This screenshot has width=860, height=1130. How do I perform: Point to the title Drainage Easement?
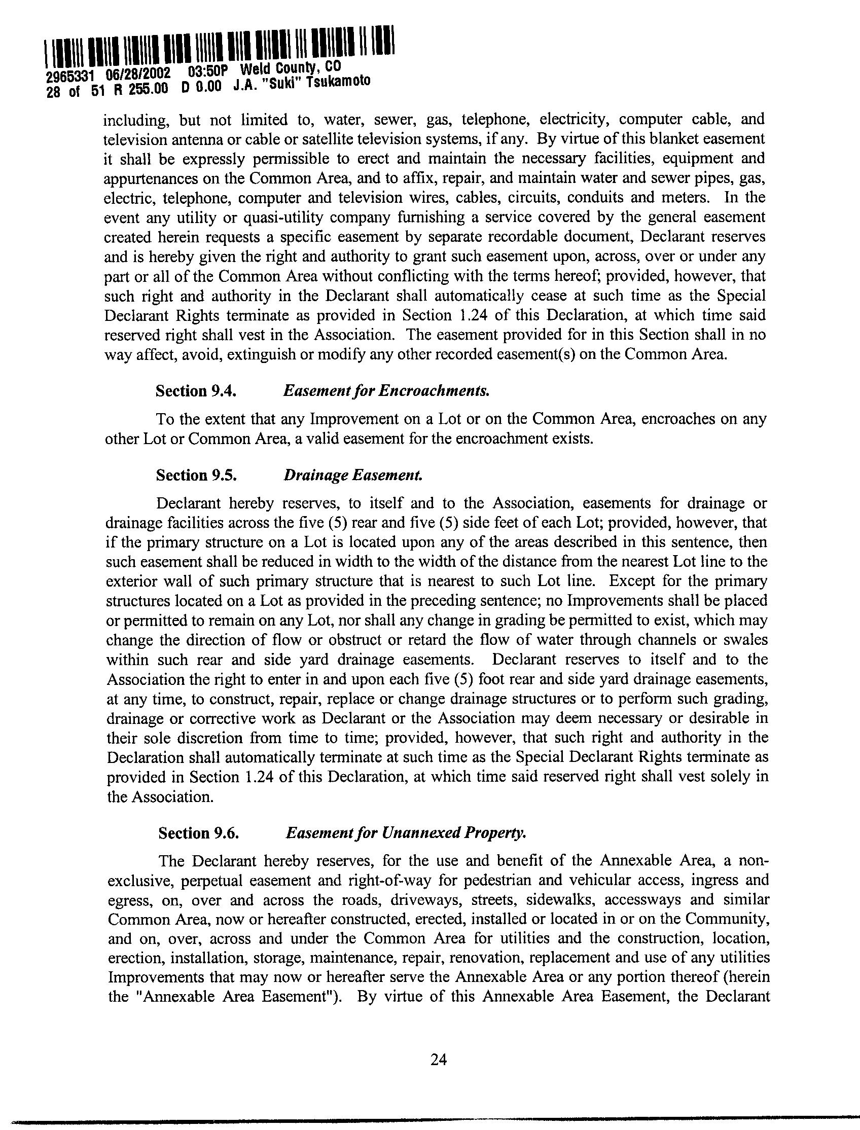pyautogui.click(x=353, y=476)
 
